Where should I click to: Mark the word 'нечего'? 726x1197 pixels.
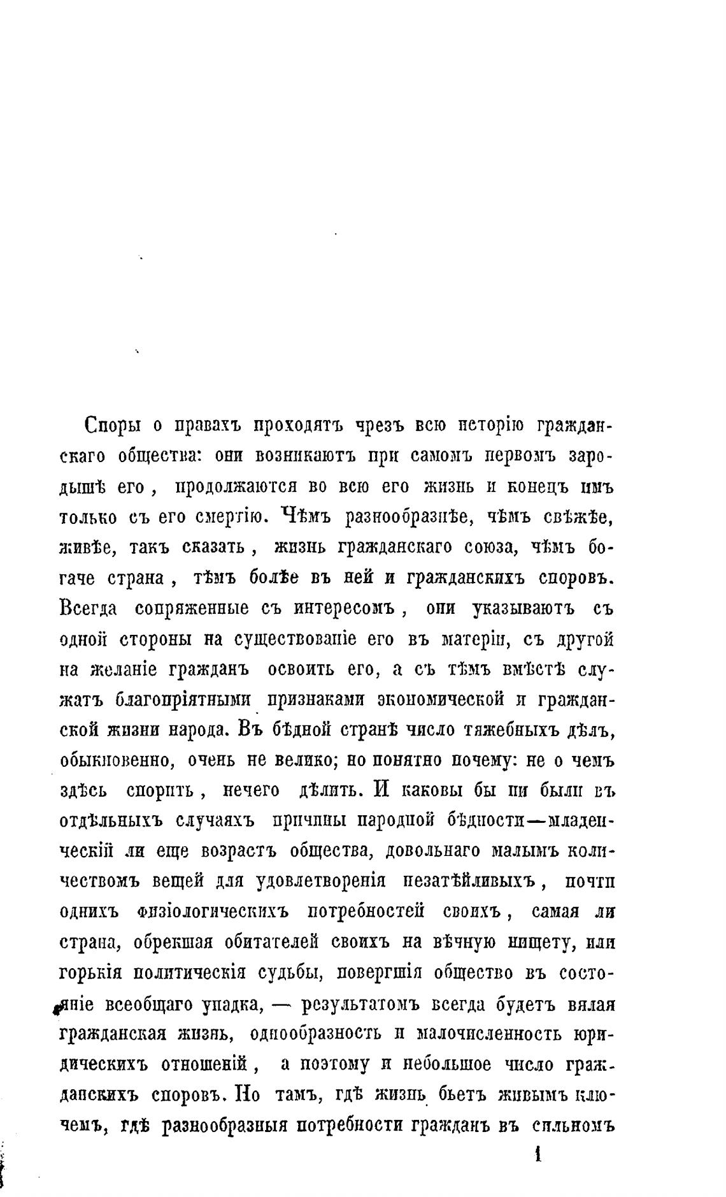(250, 791)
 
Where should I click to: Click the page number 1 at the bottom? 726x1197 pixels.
(538, 1156)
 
